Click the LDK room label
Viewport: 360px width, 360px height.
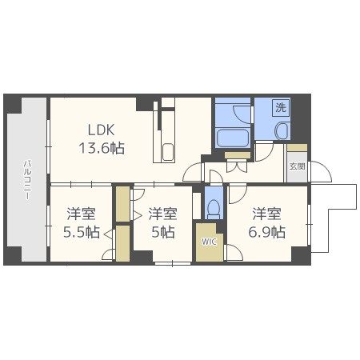pyautogui.click(x=102, y=130)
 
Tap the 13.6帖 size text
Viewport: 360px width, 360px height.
pyautogui.click(x=102, y=148)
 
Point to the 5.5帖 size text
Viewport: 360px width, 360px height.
pyautogui.click(x=82, y=232)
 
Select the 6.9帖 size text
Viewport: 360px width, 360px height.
pyautogui.click(x=267, y=232)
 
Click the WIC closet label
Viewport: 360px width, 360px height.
pyautogui.click(x=210, y=242)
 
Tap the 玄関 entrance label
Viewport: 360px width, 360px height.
pyautogui.click(x=297, y=166)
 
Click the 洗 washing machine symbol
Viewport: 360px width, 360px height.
pyautogui.click(x=281, y=107)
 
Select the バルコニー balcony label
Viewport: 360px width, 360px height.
pyautogui.click(x=27, y=179)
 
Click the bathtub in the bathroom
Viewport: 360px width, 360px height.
pyautogui.click(x=233, y=138)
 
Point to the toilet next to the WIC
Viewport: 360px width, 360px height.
pyautogui.click(x=214, y=209)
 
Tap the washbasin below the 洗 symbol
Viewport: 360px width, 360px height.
pyautogui.click(x=282, y=131)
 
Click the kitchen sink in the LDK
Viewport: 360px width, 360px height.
pyautogui.click(x=168, y=152)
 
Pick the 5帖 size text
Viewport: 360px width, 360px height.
pyautogui.click(x=163, y=232)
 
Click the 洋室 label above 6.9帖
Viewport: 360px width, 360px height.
pyautogui.click(x=267, y=214)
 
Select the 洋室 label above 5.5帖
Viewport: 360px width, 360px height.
pyautogui.click(x=81, y=214)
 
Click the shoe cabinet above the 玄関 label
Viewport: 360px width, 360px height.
pyautogui.click(x=297, y=148)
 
